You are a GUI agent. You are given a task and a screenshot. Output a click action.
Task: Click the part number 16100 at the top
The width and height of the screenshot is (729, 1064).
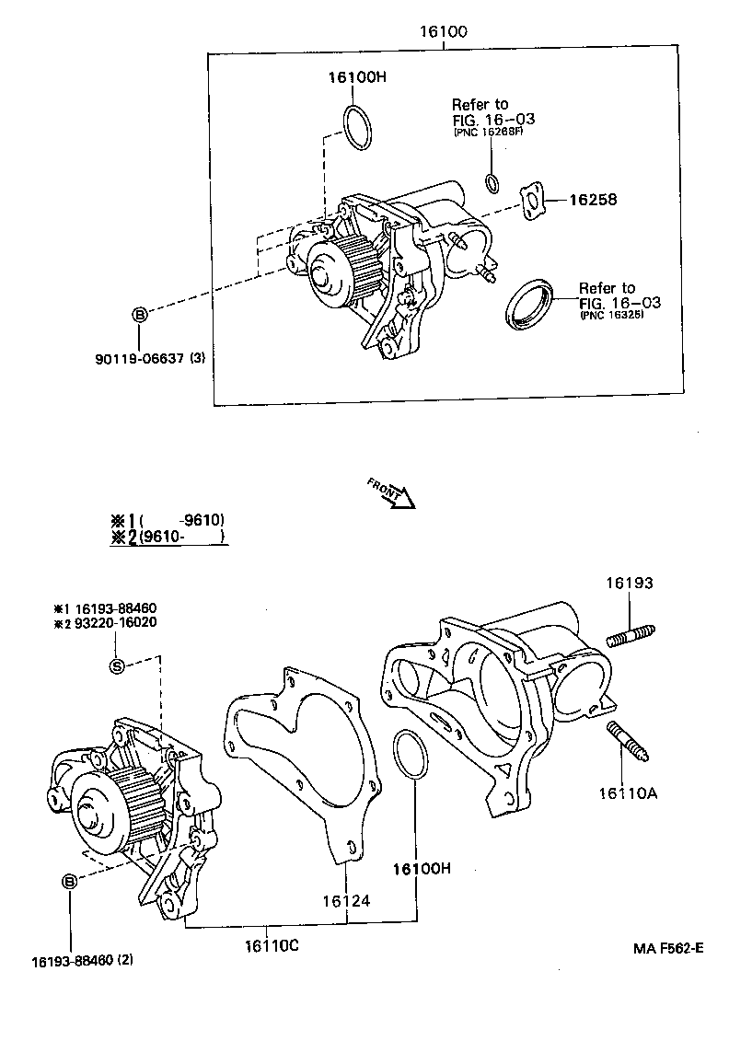[x=444, y=31]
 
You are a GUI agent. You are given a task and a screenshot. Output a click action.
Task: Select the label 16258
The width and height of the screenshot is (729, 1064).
[x=592, y=200]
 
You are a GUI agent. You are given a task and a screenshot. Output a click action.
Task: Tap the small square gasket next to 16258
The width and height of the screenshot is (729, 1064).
[x=531, y=202]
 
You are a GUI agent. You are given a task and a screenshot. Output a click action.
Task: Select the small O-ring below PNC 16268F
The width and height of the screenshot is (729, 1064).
[x=492, y=182]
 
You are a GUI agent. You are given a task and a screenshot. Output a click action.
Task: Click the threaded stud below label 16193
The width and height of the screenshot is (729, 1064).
[x=630, y=635]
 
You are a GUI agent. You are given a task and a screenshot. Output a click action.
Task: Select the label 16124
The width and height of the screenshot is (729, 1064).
[x=345, y=900]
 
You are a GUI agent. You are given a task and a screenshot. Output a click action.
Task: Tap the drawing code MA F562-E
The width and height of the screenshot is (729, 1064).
[x=667, y=949]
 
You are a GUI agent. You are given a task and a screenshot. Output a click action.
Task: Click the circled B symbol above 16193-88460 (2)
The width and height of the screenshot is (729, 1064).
[x=70, y=882]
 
